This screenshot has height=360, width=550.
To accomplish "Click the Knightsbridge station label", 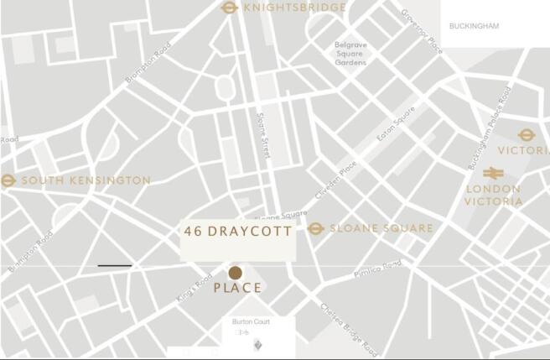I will (x=294, y=8).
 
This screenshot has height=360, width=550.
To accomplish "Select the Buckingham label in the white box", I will (x=474, y=26).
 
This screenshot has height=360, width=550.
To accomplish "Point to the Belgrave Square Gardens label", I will (x=350, y=54).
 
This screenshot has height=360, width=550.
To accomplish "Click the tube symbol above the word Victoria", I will (x=526, y=134).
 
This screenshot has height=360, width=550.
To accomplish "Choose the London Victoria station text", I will (x=493, y=195).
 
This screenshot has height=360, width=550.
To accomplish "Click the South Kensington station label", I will (x=86, y=180).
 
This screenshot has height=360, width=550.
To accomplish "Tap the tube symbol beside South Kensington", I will (x=8, y=180).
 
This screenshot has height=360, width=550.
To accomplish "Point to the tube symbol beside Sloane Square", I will (x=315, y=228).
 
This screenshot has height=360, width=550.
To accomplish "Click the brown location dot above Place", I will (x=236, y=272).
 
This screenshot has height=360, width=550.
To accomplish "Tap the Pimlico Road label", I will (x=377, y=268).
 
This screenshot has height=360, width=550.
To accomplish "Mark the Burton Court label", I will (x=252, y=322).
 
